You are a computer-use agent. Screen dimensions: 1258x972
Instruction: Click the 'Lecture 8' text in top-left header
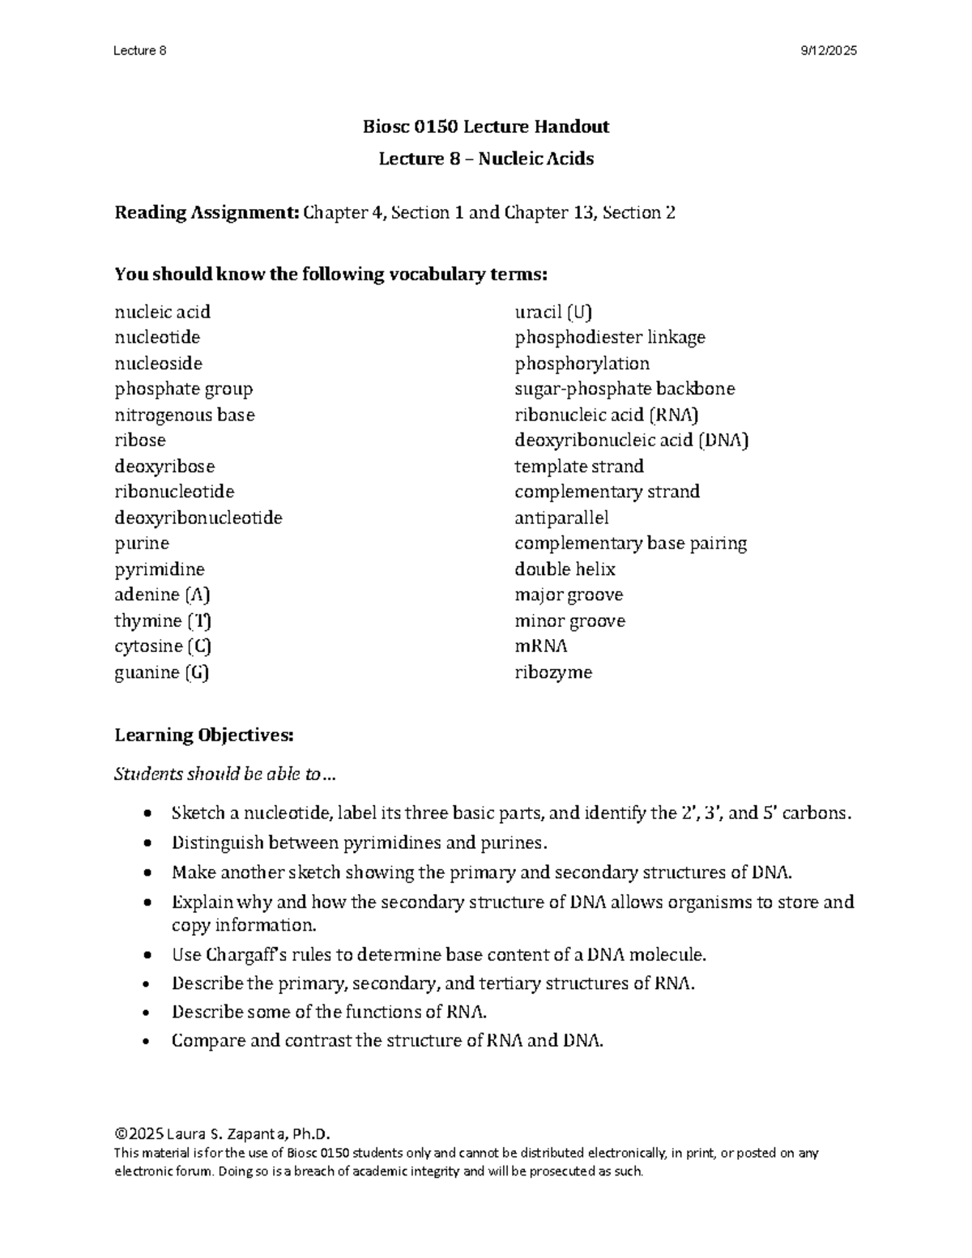[140, 51]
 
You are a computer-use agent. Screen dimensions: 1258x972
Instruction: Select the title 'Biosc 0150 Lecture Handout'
[486, 126]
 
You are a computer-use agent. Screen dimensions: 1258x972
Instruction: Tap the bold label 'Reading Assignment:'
[207, 213]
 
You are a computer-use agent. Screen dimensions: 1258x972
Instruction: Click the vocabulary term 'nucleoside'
[159, 363]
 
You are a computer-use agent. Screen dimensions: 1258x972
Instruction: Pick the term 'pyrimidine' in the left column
[160, 569]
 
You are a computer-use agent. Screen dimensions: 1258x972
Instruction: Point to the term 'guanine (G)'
[162, 672]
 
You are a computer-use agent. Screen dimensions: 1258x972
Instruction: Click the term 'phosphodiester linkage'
[610, 337]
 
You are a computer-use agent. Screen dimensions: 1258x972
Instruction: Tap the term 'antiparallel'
[561, 518]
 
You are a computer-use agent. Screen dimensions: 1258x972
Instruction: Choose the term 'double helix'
[565, 569]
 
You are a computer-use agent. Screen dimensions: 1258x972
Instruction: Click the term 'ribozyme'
[553, 672]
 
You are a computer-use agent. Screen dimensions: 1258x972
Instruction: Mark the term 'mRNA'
[541, 646]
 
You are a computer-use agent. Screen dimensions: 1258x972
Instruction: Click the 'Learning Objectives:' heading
[203, 736]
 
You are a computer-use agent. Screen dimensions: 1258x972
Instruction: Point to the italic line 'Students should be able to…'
[224, 774]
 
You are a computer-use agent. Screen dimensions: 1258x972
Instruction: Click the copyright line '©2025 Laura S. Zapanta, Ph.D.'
[223, 1133]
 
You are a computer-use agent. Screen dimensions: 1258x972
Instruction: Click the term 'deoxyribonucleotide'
[198, 518]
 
